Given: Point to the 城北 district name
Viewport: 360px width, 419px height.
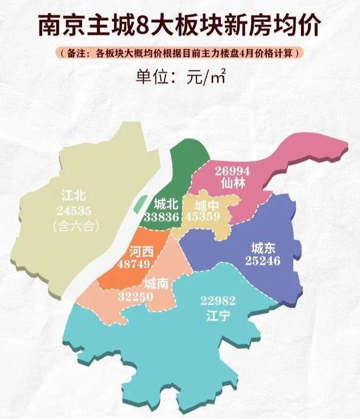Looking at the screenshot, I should (165, 204).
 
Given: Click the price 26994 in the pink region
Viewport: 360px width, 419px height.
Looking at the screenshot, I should (232, 171).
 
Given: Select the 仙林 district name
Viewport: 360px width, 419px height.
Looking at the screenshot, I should (232, 183).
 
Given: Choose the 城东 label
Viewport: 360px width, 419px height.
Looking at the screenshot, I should (263, 248).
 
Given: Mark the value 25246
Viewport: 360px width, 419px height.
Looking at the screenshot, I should (263, 260).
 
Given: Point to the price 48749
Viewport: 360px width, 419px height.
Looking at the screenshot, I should (136, 263).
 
